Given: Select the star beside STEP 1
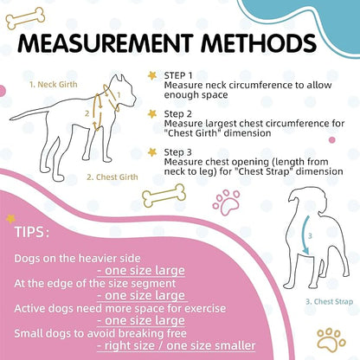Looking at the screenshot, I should coord(152,76).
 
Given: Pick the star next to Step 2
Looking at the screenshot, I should coord(152,113).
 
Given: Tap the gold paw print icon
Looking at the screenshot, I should coord(331,338).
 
